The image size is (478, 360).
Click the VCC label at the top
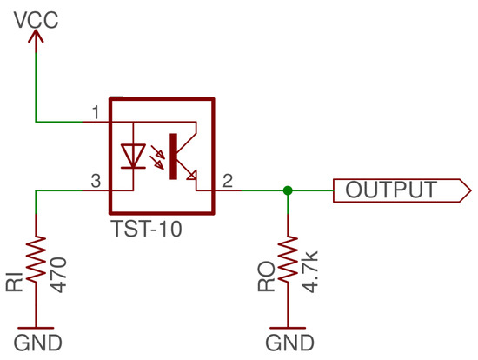click(36, 16)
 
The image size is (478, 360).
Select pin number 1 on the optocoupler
click(96, 112)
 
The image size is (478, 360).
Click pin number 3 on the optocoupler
click(96, 180)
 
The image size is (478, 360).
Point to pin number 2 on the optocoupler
click(227, 180)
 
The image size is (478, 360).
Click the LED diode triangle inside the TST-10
click(133, 155)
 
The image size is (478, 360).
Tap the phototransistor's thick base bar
click(174, 156)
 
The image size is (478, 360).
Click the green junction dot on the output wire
click(288, 190)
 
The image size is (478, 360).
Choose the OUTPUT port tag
click(395, 190)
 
